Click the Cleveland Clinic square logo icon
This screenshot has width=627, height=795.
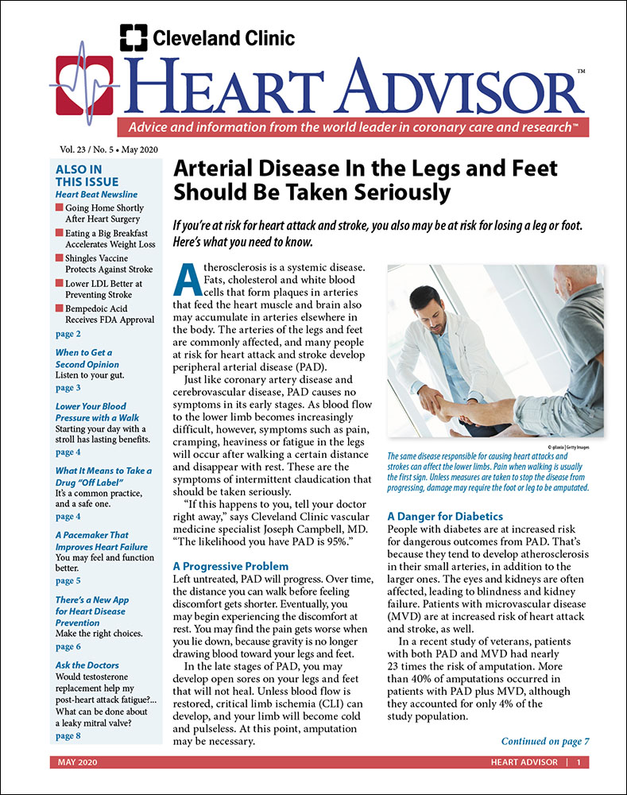tap(134, 37)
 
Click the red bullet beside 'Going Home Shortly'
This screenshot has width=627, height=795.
tap(59, 208)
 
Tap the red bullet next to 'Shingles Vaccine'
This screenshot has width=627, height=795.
tap(59, 258)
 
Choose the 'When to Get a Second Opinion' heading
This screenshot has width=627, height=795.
tap(83, 359)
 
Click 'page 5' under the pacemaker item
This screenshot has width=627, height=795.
tap(68, 581)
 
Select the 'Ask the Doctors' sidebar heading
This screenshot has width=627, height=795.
tap(87, 665)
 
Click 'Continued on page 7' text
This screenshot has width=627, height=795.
tap(545, 741)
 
